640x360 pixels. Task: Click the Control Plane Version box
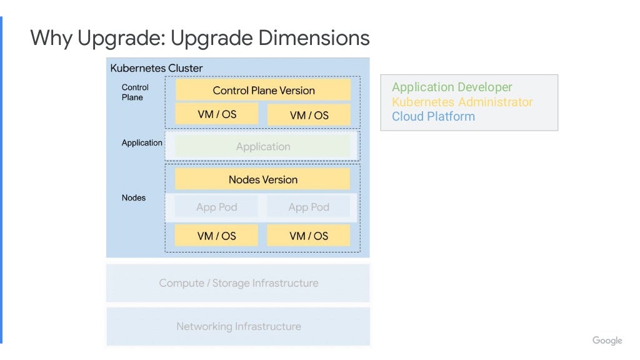(263, 90)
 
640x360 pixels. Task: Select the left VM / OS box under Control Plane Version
(216, 114)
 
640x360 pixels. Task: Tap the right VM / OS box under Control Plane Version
(309, 115)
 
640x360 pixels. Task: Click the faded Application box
(262, 146)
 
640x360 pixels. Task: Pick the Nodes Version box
(262, 179)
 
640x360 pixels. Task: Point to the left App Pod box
(216, 207)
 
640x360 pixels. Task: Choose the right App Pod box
(309, 207)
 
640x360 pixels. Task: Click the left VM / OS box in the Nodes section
(216, 236)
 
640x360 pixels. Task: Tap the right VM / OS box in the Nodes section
(309, 236)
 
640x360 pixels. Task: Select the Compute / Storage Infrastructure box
(238, 283)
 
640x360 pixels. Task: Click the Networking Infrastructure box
(238, 326)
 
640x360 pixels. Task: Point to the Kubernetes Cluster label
(156, 68)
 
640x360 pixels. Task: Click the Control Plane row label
(134, 92)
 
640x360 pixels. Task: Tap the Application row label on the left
(142, 142)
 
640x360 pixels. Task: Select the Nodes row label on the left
(133, 197)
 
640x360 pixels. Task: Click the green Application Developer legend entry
(452, 87)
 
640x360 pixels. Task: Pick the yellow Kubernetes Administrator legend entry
(462, 102)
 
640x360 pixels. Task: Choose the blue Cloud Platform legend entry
(433, 116)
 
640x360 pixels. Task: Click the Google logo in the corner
(607, 341)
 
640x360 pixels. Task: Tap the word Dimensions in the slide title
(314, 38)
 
